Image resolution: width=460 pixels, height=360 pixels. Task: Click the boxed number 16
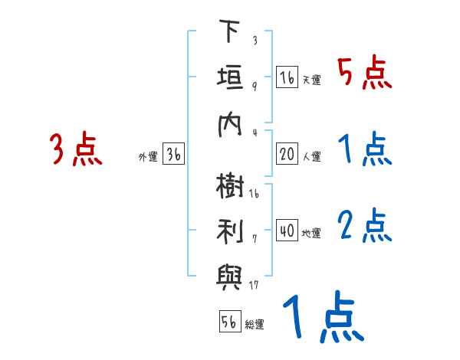tap(287, 77)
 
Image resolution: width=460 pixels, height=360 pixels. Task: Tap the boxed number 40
tap(287, 231)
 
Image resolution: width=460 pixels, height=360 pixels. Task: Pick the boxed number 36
tap(173, 155)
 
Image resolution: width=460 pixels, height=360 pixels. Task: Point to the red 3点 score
tap(75, 149)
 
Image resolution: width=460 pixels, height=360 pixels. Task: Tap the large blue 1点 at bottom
tap(322, 318)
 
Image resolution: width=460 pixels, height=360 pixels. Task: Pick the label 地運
tap(311, 233)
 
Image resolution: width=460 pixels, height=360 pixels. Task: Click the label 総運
tap(255, 325)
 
